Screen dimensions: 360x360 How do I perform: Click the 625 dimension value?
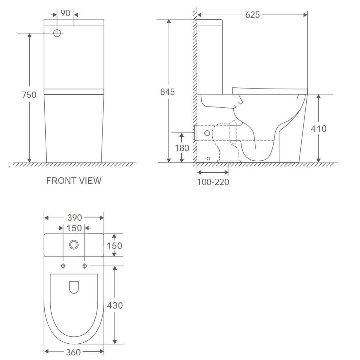252,15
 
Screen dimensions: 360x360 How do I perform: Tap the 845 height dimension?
167,92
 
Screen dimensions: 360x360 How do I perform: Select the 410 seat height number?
319,129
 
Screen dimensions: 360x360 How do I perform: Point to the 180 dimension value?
182,148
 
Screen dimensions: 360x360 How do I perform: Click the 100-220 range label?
213,182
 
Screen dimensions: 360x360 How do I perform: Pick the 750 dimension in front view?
29,95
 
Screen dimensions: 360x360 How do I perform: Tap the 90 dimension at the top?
66,13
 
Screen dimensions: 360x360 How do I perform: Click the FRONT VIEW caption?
74,181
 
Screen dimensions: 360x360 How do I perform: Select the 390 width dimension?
75,218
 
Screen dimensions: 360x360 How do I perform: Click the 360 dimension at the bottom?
74,352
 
